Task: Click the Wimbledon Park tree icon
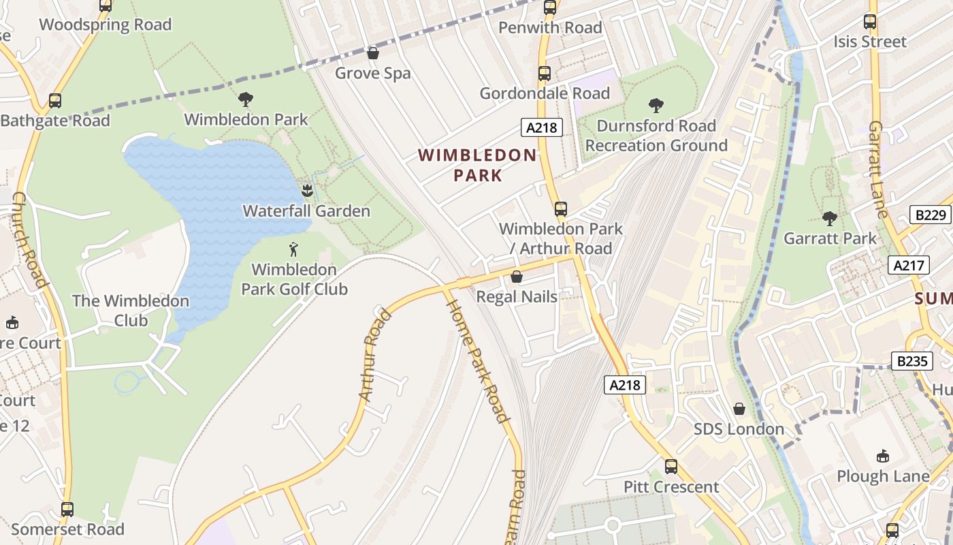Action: tap(246, 99)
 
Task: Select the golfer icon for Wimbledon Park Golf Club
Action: tap(294, 249)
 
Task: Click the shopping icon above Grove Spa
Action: tap(373, 52)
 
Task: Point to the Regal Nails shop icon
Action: tap(517, 277)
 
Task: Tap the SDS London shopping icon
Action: tap(739, 409)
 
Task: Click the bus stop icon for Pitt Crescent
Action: tap(671, 467)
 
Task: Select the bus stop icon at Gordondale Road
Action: tap(544, 74)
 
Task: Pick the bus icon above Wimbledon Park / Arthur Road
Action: tap(561, 209)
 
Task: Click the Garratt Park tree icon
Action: tap(830, 219)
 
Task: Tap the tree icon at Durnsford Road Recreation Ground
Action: tap(656, 106)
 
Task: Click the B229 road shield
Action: tap(931, 215)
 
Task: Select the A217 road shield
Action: tap(909, 265)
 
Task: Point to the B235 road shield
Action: tap(911, 360)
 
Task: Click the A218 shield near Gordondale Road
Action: tap(542, 127)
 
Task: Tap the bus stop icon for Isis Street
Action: tap(870, 22)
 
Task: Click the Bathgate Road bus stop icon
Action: tap(55, 101)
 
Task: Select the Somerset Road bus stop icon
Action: tap(67, 509)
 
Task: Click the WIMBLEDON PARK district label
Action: tap(478, 165)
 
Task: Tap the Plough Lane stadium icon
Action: tap(883, 456)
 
